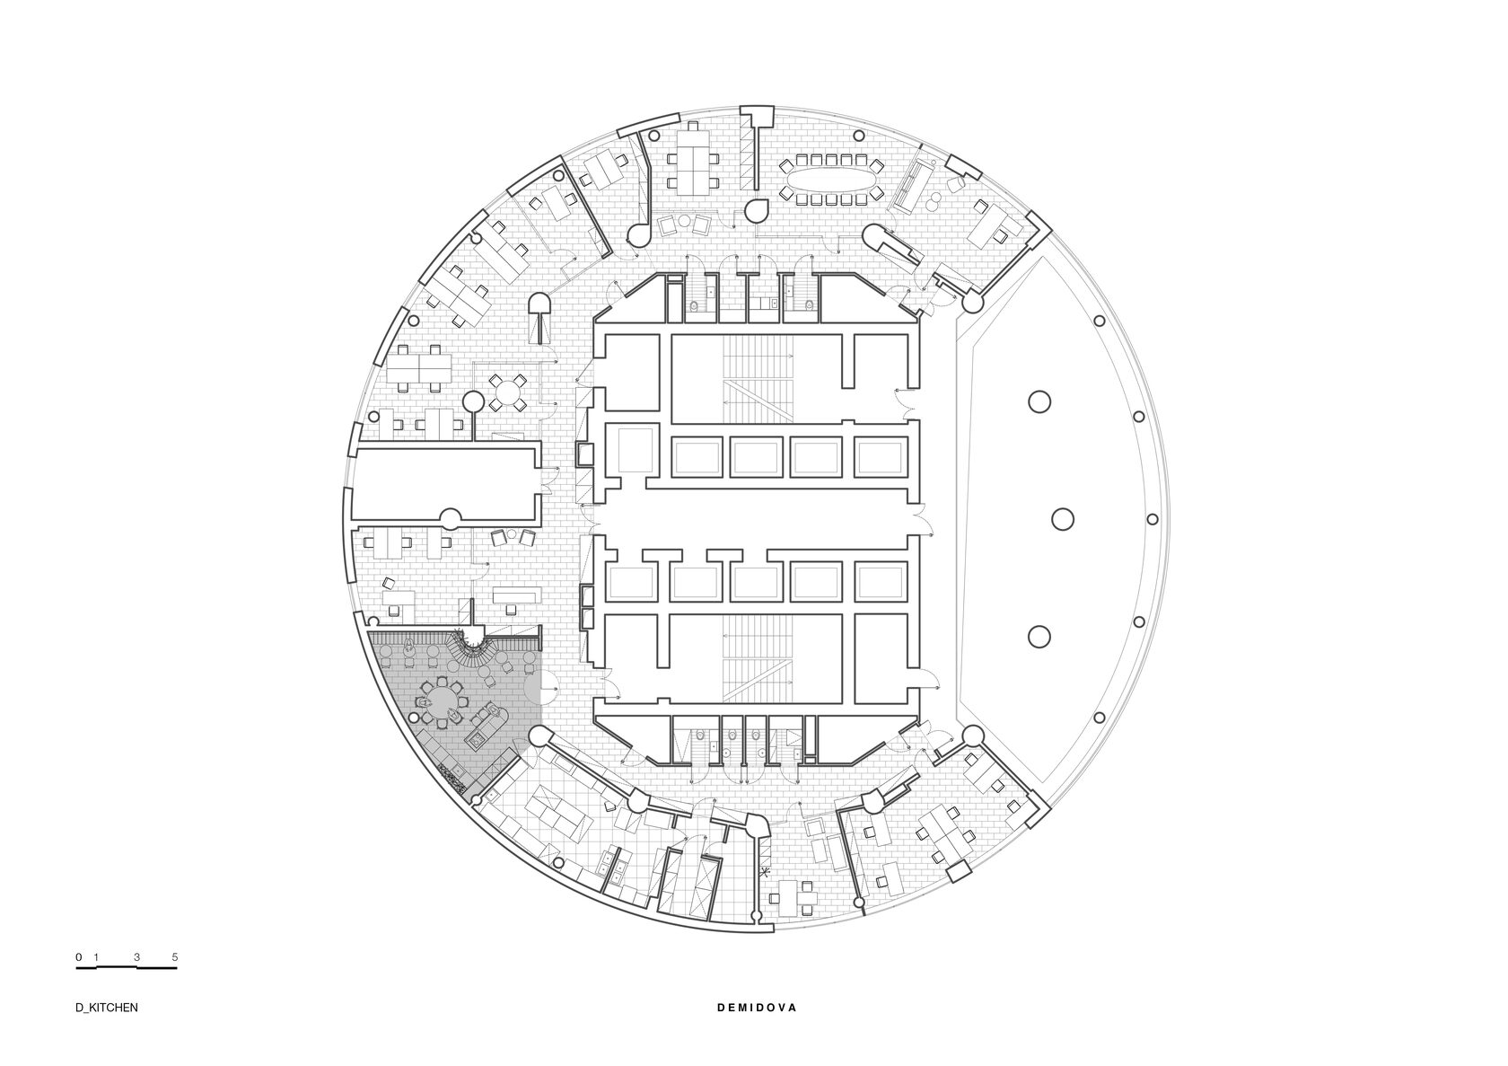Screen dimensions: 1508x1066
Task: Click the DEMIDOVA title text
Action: [757, 1027]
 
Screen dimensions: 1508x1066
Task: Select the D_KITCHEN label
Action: [106, 1027]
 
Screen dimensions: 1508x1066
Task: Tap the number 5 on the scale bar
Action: [175, 957]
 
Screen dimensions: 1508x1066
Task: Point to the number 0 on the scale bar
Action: [79, 957]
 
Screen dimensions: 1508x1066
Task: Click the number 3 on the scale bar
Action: [136, 957]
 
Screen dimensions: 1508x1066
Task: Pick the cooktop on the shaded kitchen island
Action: [476, 742]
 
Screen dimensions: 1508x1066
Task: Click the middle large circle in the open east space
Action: [1063, 519]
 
